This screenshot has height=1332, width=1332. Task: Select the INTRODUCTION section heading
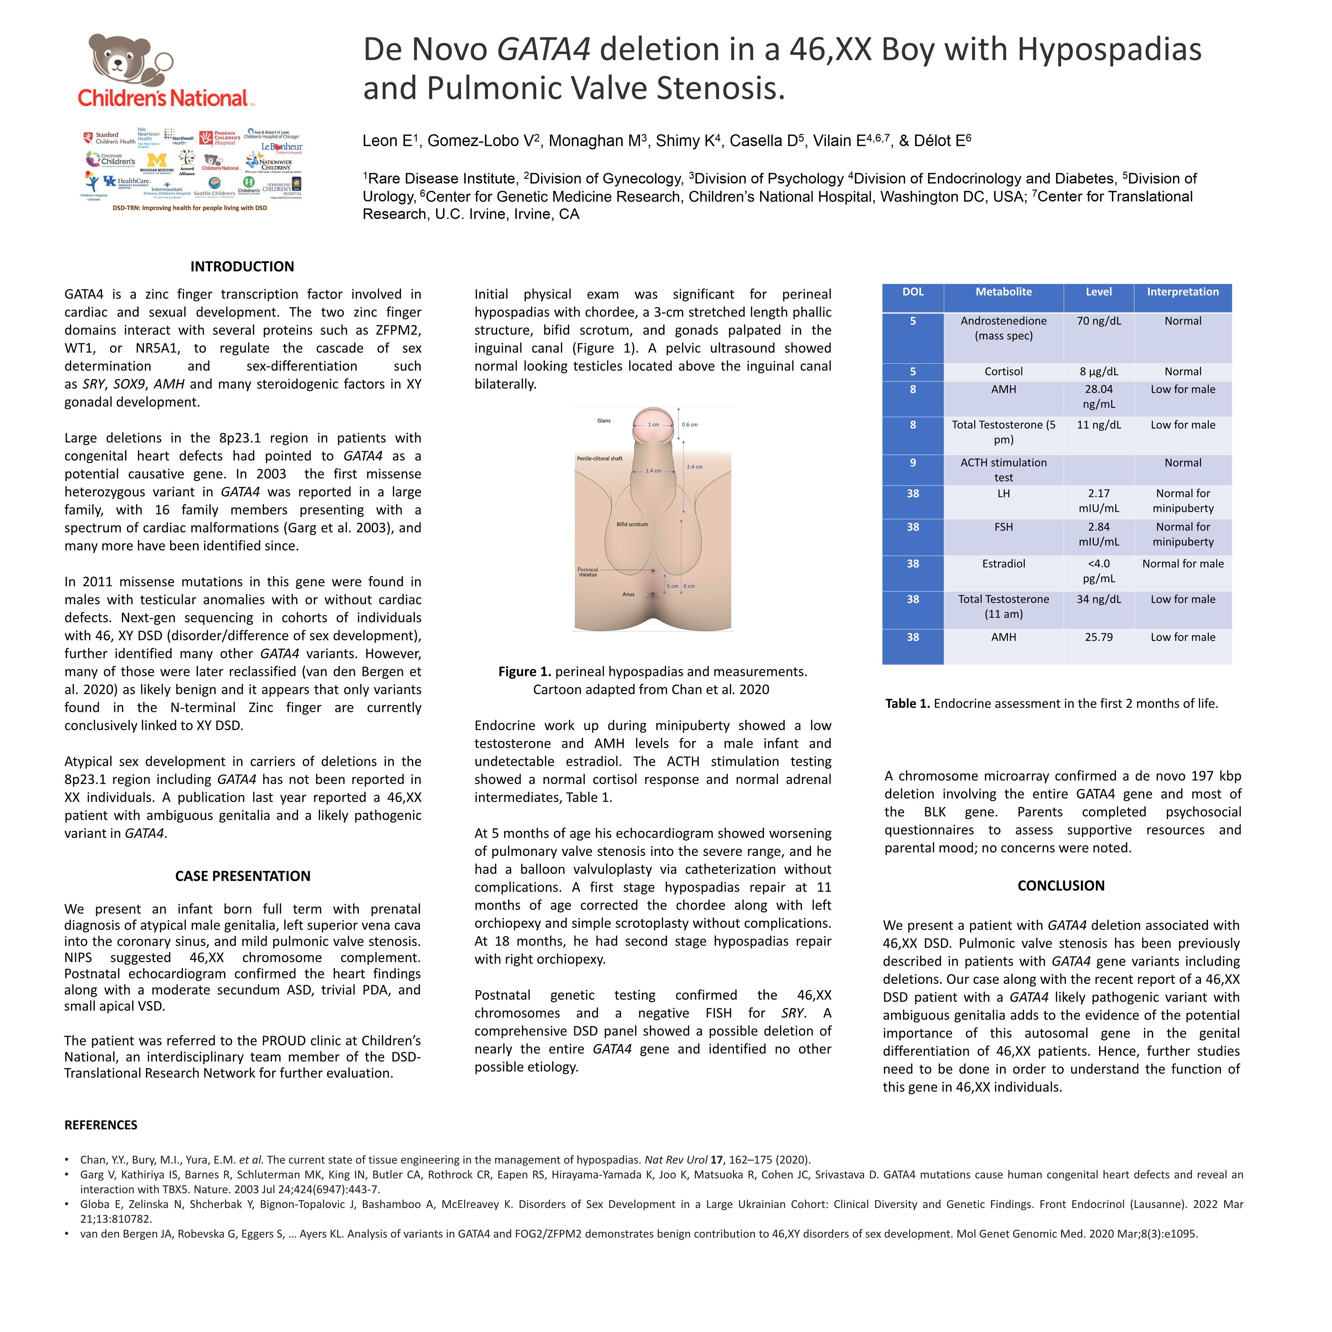(x=242, y=267)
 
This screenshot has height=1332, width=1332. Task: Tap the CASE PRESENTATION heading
(x=243, y=876)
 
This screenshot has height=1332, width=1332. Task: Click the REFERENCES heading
(x=101, y=1125)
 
